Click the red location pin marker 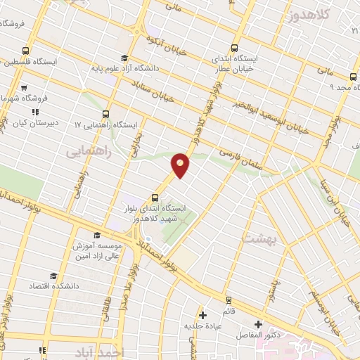point(181,165)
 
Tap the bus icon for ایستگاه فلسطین point(26,51)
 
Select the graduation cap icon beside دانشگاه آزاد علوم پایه point(124,58)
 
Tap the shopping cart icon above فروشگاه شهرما point(23,89)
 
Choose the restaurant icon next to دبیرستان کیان point(33,112)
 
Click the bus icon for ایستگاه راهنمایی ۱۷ point(106,113)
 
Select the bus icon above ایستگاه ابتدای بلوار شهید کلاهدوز point(155,198)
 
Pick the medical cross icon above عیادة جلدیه point(203,315)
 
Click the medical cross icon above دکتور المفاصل point(258,324)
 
